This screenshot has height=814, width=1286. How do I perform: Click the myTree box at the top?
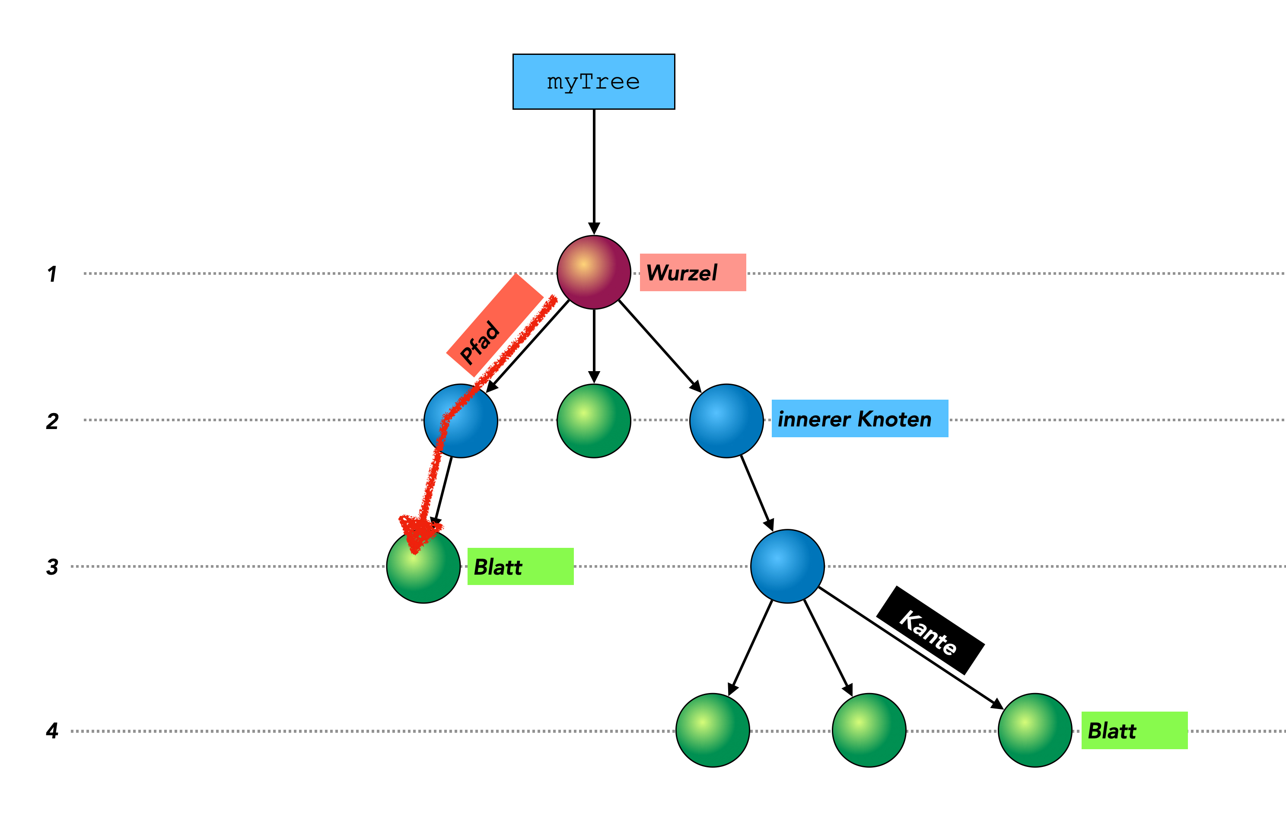click(x=593, y=82)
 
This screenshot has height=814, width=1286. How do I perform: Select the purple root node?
click(x=593, y=272)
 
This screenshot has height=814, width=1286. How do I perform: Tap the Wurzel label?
click(x=692, y=272)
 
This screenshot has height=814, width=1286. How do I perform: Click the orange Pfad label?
click(x=494, y=325)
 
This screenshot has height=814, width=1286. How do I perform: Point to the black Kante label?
click(x=930, y=631)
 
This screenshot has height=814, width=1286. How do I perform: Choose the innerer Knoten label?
click(x=859, y=419)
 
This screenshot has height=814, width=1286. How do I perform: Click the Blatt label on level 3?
click(x=520, y=566)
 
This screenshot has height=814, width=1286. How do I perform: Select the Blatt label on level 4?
click(x=1134, y=730)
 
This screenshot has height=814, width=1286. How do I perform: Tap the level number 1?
click(x=52, y=274)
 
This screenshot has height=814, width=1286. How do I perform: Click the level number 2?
click(x=52, y=421)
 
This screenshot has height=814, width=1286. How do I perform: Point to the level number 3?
click(x=52, y=567)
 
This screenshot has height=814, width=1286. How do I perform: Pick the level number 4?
click(x=52, y=730)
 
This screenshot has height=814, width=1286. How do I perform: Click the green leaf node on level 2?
click(x=593, y=421)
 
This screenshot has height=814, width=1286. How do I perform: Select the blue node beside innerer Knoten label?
click(x=726, y=421)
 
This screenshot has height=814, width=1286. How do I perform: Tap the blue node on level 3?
click(x=787, y=566)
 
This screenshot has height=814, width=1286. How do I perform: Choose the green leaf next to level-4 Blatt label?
click(x=1035, y=730)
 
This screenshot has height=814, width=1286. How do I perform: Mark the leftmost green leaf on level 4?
click(x=713, y=730)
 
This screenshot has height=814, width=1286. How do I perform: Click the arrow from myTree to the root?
click(x=593, y=171)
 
